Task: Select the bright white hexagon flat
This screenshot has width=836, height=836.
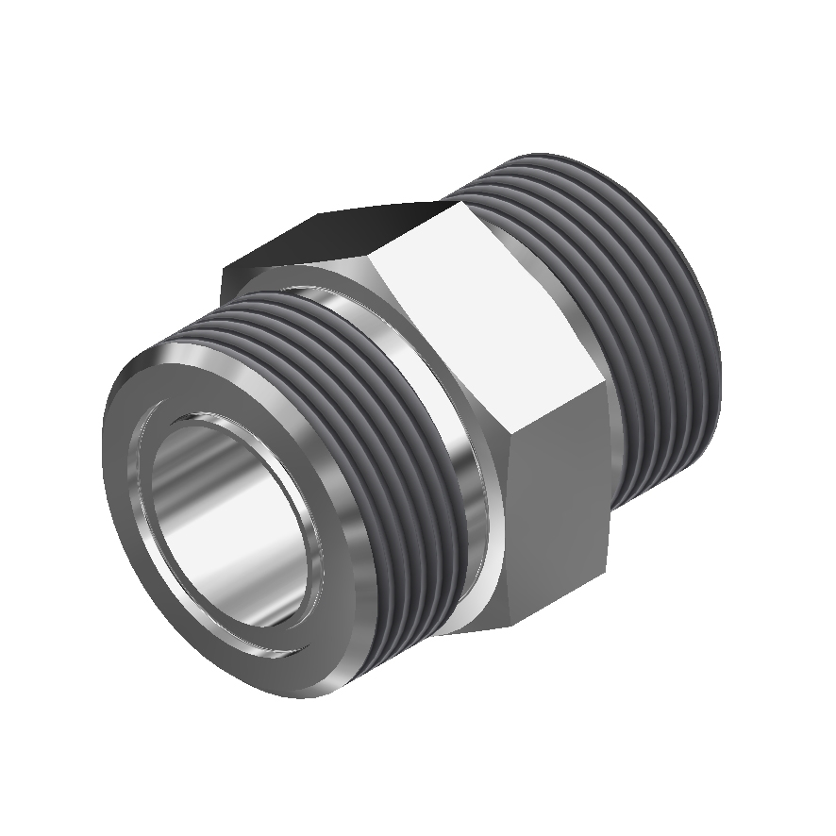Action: [491, 311]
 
